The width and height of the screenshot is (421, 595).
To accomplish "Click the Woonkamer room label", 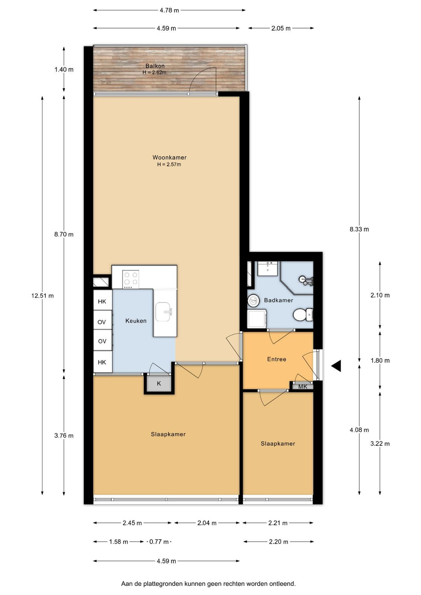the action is (169, 157).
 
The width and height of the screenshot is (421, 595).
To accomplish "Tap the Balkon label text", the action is (155, 66).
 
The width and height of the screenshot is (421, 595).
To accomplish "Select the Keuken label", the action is (136, 321).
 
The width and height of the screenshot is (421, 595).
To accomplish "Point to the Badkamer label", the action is (278, 300).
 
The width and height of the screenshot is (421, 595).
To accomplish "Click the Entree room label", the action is (276, 359).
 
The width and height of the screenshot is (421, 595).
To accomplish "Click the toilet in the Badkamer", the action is (303, 315).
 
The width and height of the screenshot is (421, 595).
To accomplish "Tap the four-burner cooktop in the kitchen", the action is (131, 279).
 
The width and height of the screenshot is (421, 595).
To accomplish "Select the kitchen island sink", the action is (164, 312).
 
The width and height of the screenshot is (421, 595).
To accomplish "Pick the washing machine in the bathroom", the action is (257, 319).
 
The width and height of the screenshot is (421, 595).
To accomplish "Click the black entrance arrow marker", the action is (336, 366).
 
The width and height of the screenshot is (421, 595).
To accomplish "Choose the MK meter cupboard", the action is (302, 386).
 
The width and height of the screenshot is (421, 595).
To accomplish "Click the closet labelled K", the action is (159, 383).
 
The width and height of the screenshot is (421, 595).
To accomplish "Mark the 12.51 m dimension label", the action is (42, 296).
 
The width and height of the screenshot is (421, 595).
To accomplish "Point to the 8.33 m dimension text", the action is (359, 229).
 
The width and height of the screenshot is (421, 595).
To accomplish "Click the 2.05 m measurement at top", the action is (281, 28).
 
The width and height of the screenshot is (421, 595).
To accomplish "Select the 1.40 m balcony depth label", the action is (64, 70).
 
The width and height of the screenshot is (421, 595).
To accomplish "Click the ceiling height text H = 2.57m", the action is (169, 164).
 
